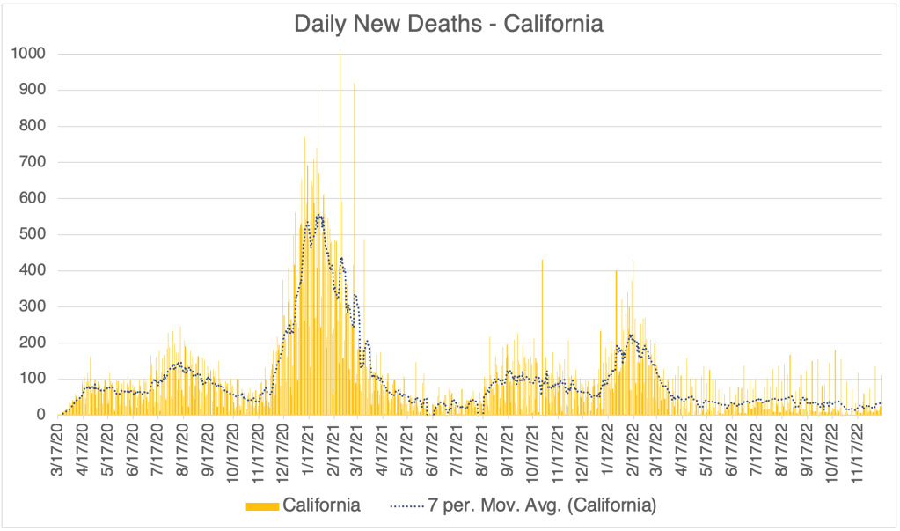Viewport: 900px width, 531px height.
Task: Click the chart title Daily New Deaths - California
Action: [x=449, y=24]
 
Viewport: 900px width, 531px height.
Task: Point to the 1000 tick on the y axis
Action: [x=30, y=54]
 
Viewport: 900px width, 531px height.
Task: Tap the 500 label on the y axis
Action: [x=33, y=234]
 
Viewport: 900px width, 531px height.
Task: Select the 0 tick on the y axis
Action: [x=41, y=415]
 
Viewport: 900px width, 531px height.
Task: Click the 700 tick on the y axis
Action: [x=33, y=162]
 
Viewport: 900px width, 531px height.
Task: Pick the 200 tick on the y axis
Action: [x=33, y=343]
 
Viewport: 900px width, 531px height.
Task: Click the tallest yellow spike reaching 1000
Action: [x=340, y=62]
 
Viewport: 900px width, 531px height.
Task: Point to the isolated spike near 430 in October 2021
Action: [x=542, y=264]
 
